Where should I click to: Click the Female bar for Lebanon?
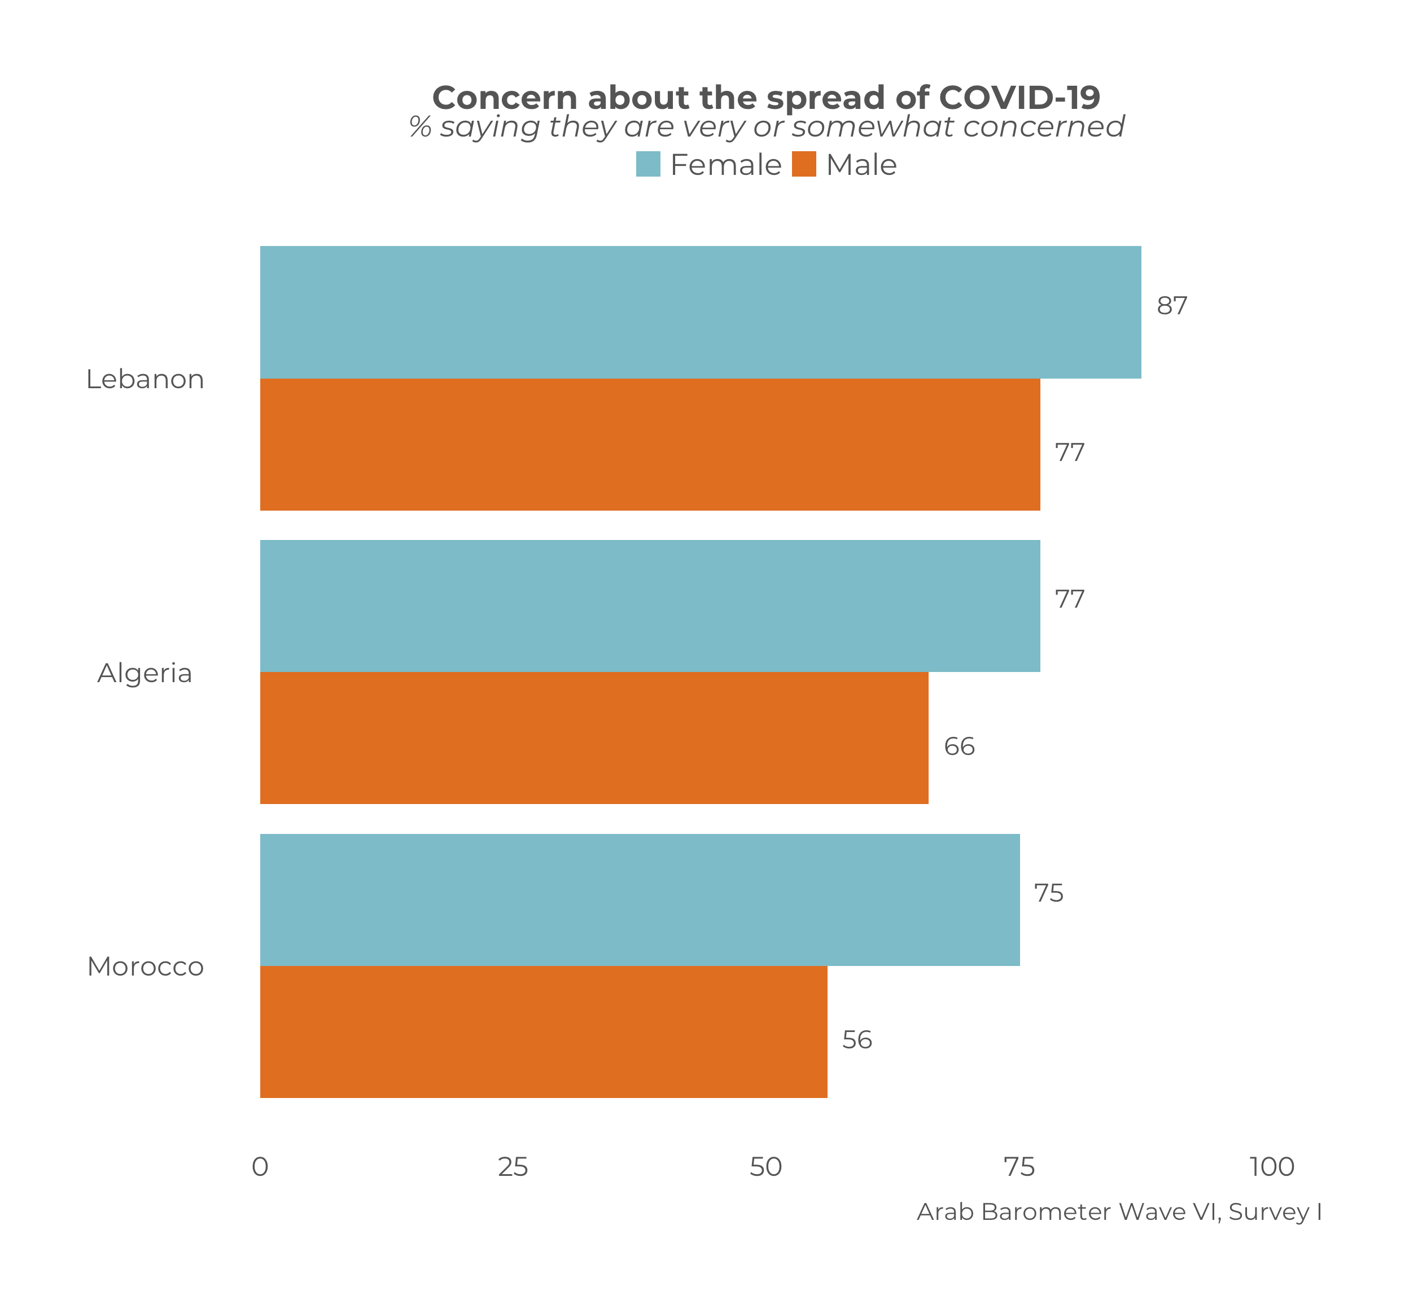701,313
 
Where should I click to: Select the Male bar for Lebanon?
650,445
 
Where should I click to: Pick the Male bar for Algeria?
594,738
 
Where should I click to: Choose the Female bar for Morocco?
640,900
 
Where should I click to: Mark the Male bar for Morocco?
543,1032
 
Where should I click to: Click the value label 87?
1172,306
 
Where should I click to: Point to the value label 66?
959,746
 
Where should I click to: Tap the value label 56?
857,1040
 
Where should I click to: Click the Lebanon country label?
145,379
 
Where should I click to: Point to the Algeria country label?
145,673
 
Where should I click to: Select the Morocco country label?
145,967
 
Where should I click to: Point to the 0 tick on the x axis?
260,1167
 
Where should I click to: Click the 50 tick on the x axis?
765,1167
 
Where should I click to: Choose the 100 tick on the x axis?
1272,1167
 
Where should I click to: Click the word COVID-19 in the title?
1019,98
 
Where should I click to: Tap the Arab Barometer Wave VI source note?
1119,1211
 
